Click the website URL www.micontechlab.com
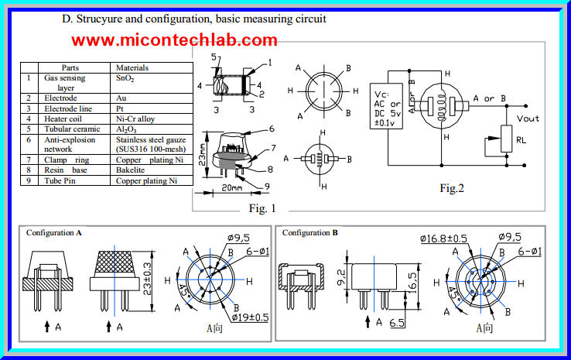point(176,39)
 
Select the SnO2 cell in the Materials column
point(126,78)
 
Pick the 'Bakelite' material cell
point(132,170)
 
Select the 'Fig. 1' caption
point(262,207)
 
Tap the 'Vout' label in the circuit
point(528,118)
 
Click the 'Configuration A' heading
point(54,232)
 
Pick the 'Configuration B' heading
point(310,232)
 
